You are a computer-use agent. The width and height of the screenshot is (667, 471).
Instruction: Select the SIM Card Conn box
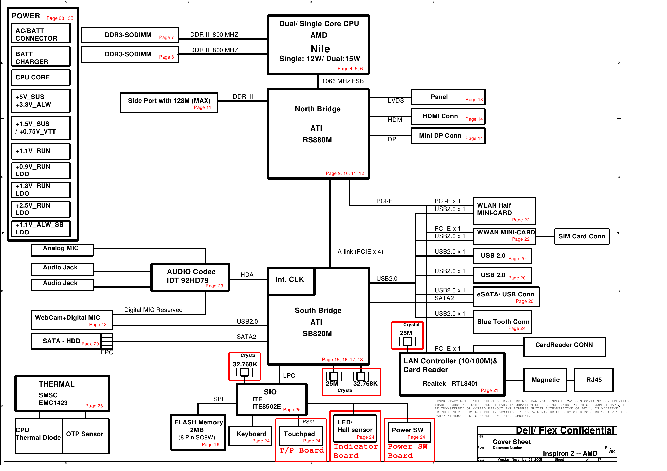pos(582,237)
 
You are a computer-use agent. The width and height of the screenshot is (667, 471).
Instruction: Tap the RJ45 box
pos(593,380)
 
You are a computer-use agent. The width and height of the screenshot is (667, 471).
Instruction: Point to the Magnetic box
pos(545,380)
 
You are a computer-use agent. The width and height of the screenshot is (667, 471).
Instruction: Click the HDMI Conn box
pos(448,117)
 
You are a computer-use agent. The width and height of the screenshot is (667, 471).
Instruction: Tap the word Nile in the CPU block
pos(320,49)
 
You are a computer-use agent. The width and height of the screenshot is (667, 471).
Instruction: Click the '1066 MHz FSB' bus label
pos(343,81)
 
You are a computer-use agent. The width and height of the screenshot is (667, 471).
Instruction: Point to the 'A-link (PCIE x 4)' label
pos(360,252)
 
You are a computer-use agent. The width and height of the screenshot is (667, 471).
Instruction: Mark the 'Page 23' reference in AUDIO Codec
pos(214,286)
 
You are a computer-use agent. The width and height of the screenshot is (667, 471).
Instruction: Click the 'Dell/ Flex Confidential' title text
pos(565,431)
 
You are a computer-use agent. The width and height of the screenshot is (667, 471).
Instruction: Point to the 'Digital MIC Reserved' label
pos(153,310)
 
